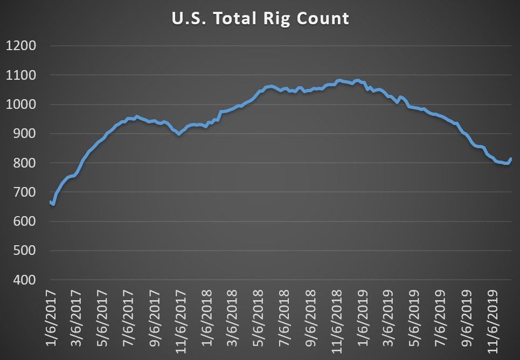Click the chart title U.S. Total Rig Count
click(260, 19)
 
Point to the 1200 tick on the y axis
click(21, 46)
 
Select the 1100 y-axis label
click(21, 75)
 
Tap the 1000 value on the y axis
click(21, 105)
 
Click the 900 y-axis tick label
click(24, 134)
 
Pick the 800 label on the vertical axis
click(24, 163)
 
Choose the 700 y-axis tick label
click(24, 192)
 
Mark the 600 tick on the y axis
click(24, 221)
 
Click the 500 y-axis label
click(24, 251)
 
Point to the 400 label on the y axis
click(24, 280)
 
